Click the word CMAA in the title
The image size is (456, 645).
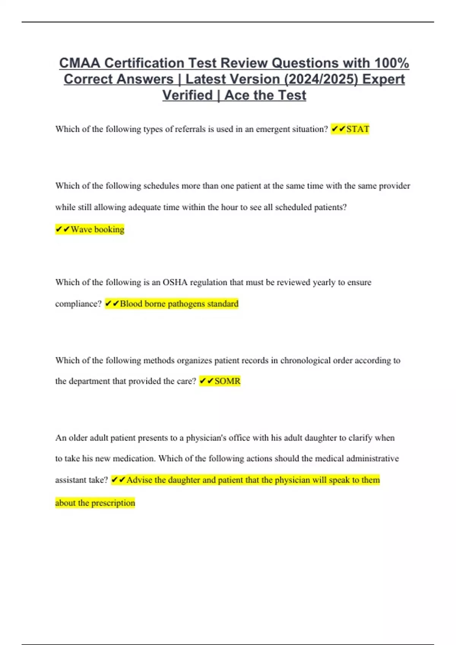click(x=80, y=63)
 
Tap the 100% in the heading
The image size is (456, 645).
click(x=391, y=63)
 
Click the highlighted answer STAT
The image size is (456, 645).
click(x=358, y=129)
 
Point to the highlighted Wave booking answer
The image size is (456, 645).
click(x=97, y=229)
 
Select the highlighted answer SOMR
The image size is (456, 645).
click(x=227, y=381)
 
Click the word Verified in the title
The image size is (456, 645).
click(x=187, y=95)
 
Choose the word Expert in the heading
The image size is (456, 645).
click(x=383, y=79)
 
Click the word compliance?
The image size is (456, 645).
click(x=78, y=304)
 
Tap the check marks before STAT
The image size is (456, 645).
click(x=338, y=129)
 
